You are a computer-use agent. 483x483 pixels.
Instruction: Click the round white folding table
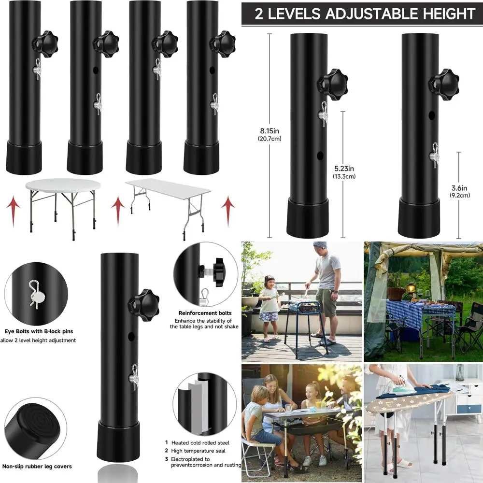pyautogui.click(x=63, y=186)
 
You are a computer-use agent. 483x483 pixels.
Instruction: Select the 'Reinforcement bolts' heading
pyautogui.click(x=205, y=313)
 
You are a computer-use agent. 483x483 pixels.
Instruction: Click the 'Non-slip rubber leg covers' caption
pyautogui.click(x=38, y=466)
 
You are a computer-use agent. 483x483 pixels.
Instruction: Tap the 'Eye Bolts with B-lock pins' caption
pyautogui.click(x=38, y=331)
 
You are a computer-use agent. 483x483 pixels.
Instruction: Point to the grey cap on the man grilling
pyautogui.click(x=320, y=245)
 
